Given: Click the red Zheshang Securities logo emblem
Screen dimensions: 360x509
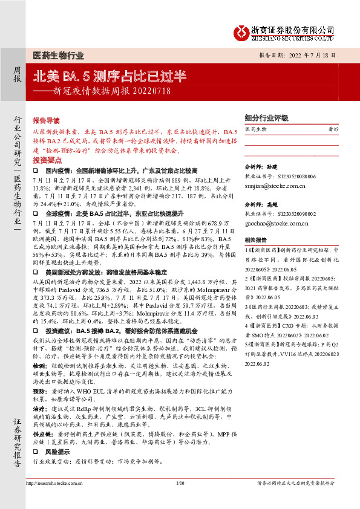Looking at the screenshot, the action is click(243, 32).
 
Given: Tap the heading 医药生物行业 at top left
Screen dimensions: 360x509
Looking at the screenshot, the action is click(57, 55).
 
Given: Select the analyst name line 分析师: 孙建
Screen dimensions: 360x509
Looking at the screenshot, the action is click(261, 165).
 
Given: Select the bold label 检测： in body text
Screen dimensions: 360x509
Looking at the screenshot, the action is click(41, 366).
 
